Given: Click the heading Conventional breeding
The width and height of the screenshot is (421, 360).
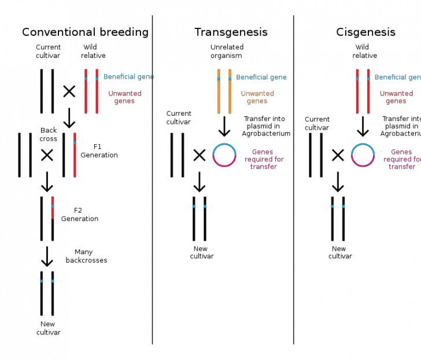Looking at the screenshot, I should tap(85, 33).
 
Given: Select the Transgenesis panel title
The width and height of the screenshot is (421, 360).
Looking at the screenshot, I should tap(231, 33).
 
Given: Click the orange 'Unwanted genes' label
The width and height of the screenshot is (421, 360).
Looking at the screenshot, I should tap(257, 97).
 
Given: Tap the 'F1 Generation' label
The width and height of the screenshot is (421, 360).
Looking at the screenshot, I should tap(105, 151).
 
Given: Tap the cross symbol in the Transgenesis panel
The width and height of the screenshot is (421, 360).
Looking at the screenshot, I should tap(199, 155).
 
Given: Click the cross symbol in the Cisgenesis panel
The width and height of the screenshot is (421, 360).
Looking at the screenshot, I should tap(338, 155).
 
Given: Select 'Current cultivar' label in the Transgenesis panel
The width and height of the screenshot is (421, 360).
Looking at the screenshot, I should tap(179, 118).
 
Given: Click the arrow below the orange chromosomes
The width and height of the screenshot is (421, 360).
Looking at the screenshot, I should tap(224, 126).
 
